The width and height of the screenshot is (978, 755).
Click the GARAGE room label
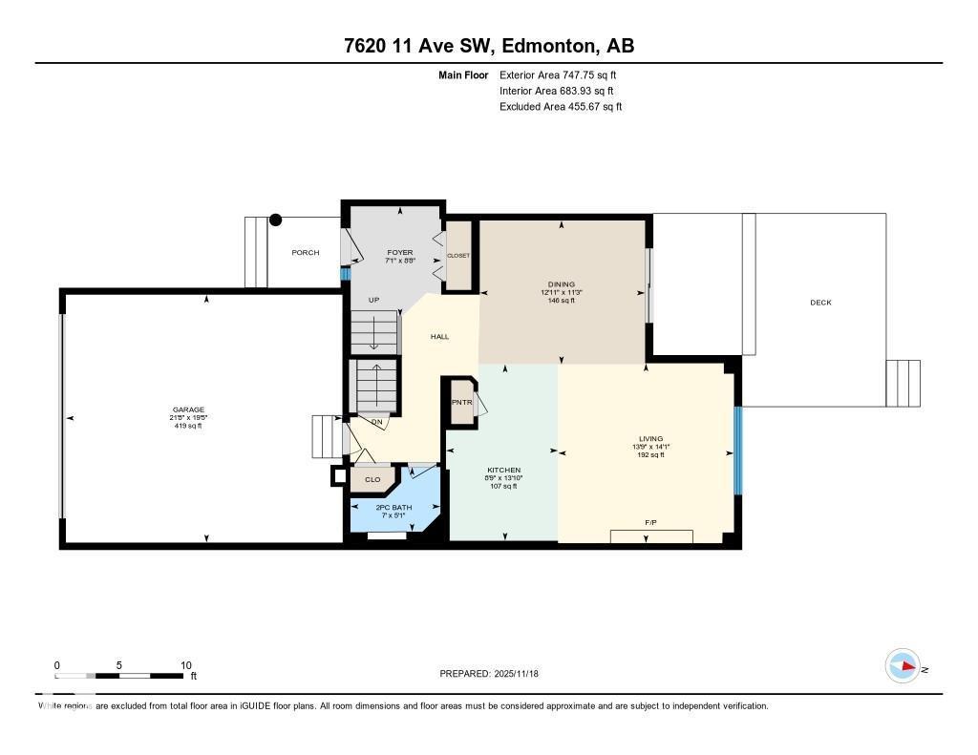point(188,410)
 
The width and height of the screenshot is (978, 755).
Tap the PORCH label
point(306,252)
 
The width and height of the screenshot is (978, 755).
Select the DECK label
point(820,303)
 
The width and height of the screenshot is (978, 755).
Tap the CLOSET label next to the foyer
point(458,256)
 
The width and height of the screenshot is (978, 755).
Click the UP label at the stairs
point(374,300)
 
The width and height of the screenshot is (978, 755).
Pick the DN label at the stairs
point(377,420)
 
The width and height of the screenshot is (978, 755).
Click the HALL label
point(439,336)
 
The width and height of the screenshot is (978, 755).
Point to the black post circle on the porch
point(276,220)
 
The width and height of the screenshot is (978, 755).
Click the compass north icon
point(903,665)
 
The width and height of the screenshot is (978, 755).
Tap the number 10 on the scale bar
point(186,665)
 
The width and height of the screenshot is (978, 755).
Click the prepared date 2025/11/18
point(522,674)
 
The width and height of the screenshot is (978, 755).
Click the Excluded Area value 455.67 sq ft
point(588,107)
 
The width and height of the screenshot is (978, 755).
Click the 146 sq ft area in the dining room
point(561,301)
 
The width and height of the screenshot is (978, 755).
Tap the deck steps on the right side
point(903,383)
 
